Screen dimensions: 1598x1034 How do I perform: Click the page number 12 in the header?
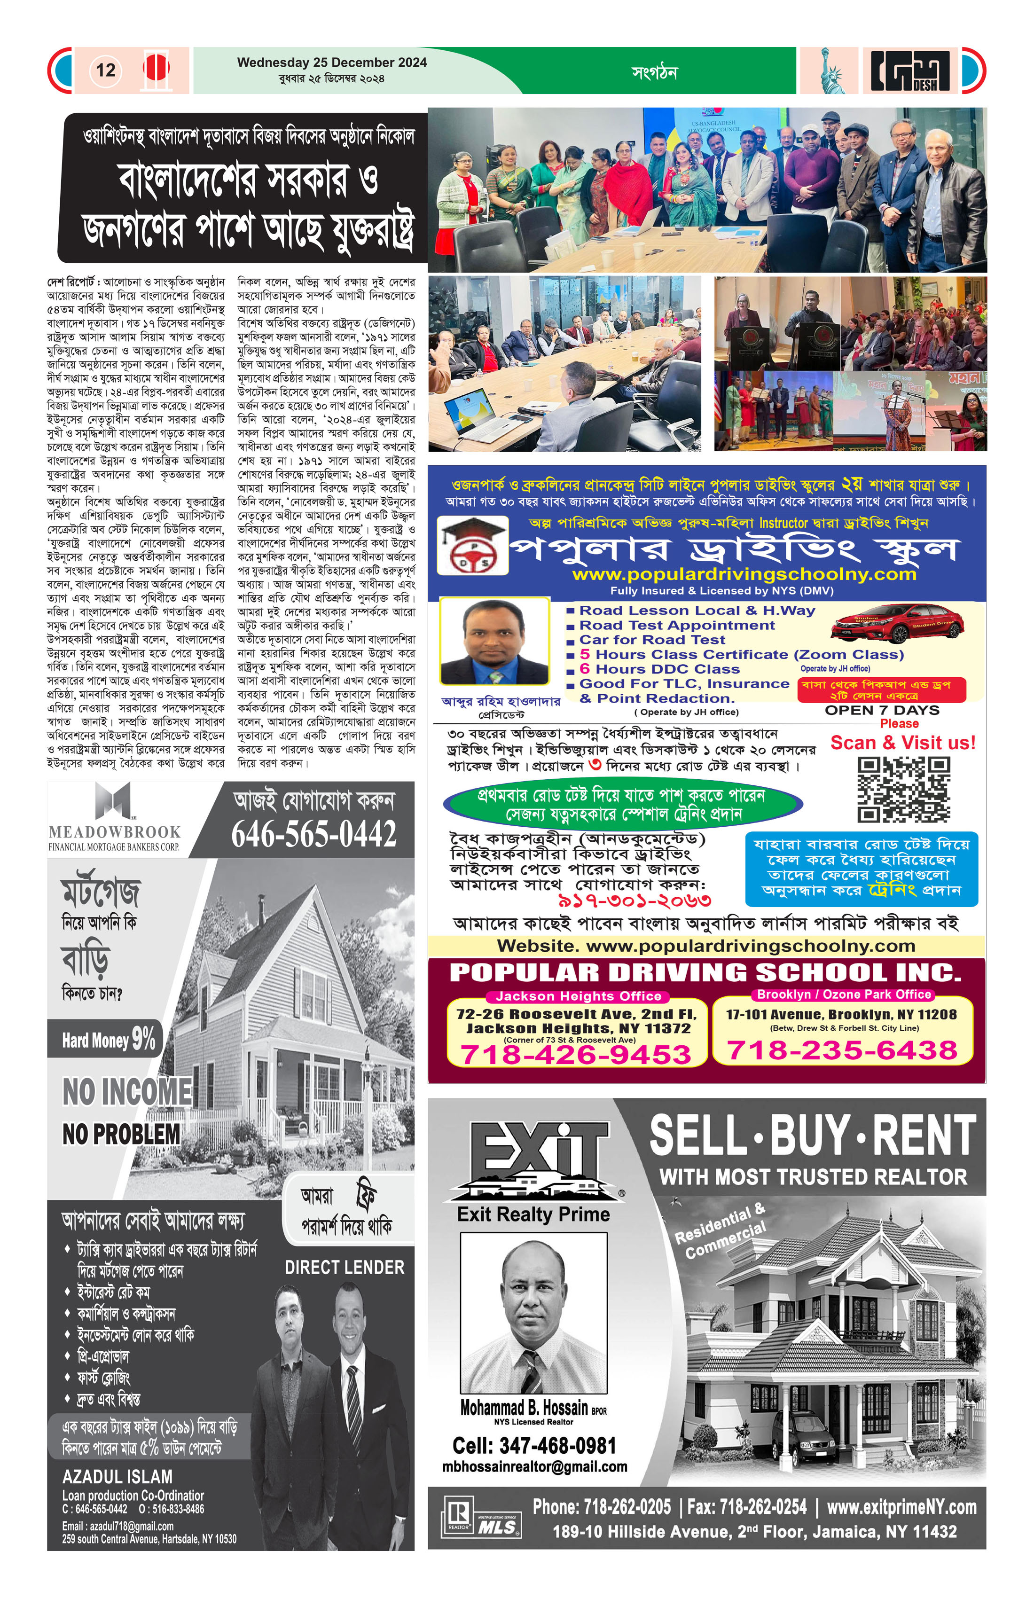tap(105, 70)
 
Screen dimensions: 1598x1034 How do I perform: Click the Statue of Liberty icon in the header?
tap(831, 70)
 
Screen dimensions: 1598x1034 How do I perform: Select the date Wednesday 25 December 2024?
tap(332, 63)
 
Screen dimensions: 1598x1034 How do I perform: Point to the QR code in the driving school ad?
tap(904, 790)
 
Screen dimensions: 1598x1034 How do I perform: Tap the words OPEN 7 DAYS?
tap(882, 710)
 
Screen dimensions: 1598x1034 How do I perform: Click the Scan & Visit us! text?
tap(902, 743)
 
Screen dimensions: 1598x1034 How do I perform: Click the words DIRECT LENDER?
tap(345, 1268)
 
